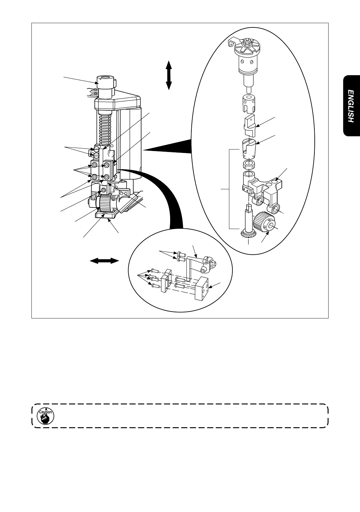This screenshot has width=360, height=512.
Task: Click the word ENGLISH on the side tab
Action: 350,106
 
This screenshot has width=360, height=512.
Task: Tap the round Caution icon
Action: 45,416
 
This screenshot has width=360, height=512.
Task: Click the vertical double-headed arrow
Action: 169,75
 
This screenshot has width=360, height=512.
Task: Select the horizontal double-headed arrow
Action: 104,261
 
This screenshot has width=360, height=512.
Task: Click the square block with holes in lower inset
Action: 202,288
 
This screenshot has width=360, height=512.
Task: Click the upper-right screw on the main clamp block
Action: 106,166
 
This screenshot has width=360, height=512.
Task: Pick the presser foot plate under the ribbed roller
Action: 107,214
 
